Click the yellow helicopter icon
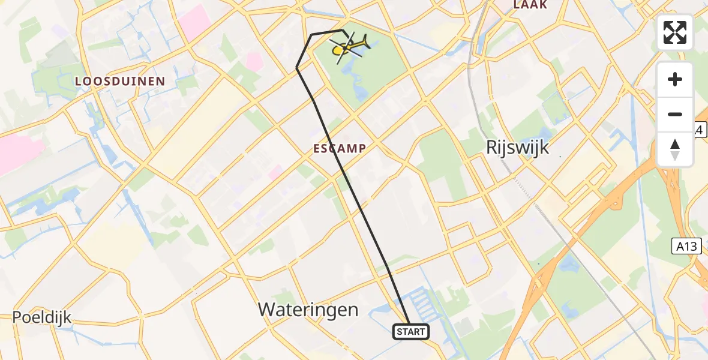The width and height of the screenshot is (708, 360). tap(349, 46)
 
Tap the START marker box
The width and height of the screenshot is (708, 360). tap(410, 331)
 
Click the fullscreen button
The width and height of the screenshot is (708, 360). tap(675, 32)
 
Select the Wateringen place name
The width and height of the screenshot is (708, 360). tap(308, 310)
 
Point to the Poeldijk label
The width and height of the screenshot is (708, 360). tap(42, 317)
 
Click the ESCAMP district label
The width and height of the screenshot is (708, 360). tap(338, 148)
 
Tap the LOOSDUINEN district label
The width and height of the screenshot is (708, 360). tap(120, 80)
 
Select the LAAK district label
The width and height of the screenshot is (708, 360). tap(530, 5)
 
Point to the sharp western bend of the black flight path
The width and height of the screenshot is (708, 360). tap(297, 68)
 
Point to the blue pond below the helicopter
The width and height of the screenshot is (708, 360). tap(361, 90)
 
